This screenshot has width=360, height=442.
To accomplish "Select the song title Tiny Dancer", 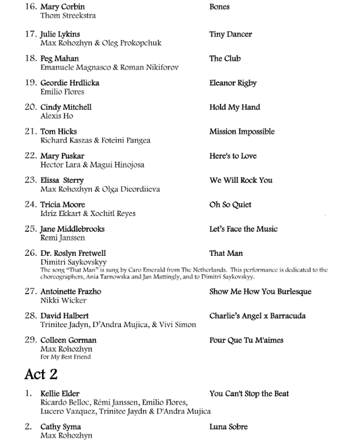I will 230,34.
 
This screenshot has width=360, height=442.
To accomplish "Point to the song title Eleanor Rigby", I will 233,83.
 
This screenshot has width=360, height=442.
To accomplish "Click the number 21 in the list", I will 30,132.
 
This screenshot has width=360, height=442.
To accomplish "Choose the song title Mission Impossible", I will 242,132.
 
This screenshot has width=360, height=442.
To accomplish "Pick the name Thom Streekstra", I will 68,16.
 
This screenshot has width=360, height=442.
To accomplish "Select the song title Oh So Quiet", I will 230,205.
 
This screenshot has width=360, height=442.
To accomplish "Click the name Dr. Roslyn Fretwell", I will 74,254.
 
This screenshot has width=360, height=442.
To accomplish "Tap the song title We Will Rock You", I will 240,180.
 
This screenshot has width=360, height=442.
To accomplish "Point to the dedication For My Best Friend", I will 65,357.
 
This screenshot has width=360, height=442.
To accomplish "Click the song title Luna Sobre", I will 228,427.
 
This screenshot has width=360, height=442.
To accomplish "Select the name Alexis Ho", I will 57,116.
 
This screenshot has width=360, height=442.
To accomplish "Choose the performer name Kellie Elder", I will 60,394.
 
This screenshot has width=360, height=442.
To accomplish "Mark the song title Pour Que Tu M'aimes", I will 246,340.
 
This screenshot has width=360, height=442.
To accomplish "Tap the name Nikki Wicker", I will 63,301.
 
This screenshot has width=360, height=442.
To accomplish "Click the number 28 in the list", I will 30,316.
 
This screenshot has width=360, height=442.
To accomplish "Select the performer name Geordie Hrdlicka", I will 69,83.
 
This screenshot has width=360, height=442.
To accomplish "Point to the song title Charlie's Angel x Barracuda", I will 257,316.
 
